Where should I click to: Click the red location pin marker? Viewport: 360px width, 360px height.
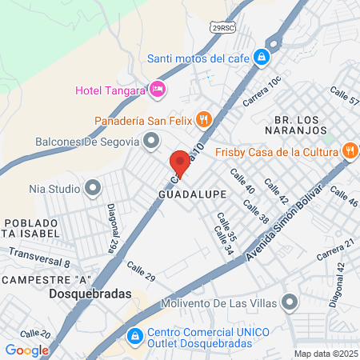coord(180,163)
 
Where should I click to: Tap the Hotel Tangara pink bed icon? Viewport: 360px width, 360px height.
coord(158,90)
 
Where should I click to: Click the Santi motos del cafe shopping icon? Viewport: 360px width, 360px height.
coord(261,58)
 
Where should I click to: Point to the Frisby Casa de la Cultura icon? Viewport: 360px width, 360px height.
coord(350,150)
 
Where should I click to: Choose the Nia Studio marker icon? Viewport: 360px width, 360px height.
coord(94,189)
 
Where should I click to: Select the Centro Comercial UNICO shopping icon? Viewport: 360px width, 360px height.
coord(136,335)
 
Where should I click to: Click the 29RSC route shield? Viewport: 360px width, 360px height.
coord(223,26)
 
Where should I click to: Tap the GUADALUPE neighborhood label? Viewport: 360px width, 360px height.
coord(193,194)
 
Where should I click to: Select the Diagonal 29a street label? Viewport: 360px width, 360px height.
coord(113,228)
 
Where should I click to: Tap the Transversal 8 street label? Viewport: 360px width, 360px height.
coord(40,257)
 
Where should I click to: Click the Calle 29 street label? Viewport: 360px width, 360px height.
coord(139,276)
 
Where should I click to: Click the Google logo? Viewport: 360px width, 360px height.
coord(26,350)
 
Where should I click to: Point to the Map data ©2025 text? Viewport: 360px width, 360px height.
coord(324,354)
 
